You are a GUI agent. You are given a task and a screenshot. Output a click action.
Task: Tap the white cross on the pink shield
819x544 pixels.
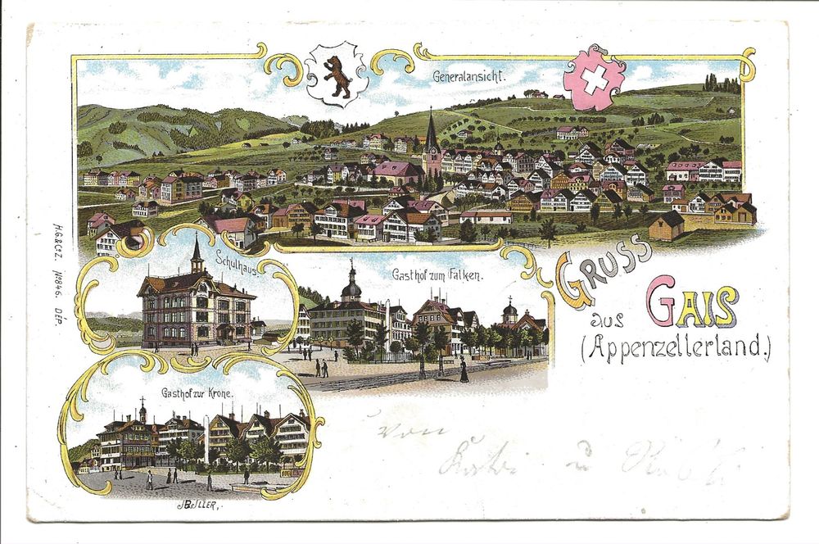click(595, 79)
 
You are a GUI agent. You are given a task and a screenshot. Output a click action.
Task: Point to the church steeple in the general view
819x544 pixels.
click(432, 131)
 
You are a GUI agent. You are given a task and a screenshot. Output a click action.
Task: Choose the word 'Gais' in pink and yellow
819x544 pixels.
click(692, 301)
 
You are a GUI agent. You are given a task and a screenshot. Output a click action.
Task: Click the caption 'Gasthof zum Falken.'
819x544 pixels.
click(437, 275)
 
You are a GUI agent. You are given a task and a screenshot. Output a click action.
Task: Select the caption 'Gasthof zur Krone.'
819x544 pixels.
click(197, 393)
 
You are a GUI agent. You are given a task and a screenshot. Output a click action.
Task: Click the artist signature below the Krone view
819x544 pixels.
click(197, 505)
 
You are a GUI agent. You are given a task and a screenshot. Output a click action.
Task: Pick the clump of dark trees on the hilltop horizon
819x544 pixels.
click(721, 82)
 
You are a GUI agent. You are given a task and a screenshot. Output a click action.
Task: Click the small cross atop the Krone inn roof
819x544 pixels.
click(141, 401)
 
